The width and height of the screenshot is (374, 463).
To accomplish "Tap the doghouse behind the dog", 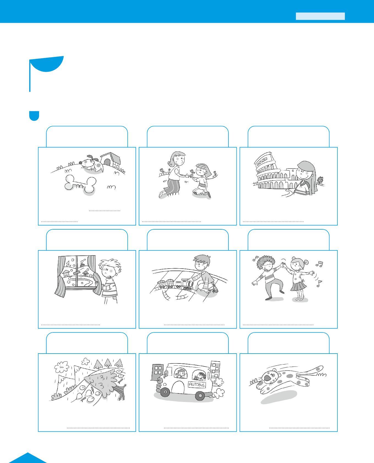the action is [110, 160].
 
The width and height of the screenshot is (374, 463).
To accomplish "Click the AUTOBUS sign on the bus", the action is [197, 384].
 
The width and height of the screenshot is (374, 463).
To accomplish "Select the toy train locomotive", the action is [187, 284].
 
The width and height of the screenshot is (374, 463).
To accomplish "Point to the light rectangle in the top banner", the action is [320, 16].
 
